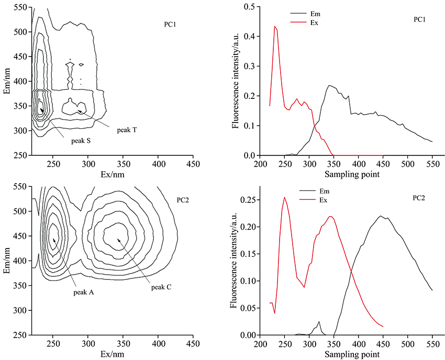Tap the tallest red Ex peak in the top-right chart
pos(275,26)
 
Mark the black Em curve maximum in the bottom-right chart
pos(381,216)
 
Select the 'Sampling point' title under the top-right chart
pos(348,174)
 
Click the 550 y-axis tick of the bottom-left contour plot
pos(21,186)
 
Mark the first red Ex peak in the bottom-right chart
pos(285,197)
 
